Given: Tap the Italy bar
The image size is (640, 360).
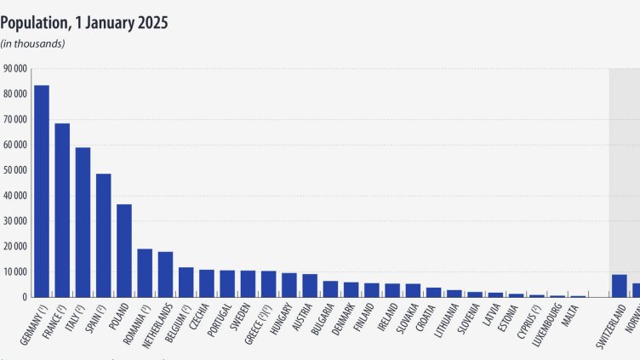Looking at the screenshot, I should click(83, 222).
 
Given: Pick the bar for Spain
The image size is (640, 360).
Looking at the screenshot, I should click(103, 236).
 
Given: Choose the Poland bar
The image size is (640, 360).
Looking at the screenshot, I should click(124, 251).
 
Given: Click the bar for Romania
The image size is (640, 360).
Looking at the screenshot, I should click(145, 273).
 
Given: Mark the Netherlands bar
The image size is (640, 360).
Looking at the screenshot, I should click(165, 275).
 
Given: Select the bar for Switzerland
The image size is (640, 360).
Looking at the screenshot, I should click(620, 286).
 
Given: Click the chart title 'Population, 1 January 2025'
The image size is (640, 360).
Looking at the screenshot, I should click(83, 23).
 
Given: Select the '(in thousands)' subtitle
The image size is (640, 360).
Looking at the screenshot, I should click(32, 43).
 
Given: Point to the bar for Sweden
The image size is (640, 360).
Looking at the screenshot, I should click(248, 284).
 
